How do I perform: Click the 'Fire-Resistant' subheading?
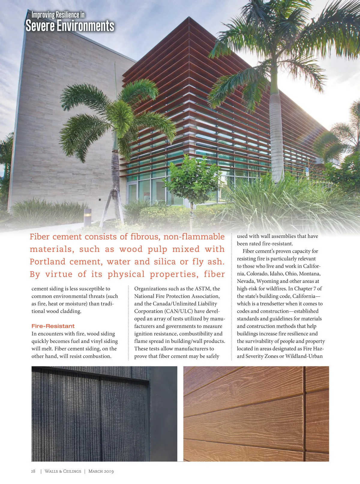click(53, 326)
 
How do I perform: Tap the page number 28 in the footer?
click(33, 471)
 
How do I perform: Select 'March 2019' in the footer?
click(101, 471)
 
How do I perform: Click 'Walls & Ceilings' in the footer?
click(63, 471)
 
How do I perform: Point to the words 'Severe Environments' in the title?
click(70, 26)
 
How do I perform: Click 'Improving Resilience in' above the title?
click(58, 14)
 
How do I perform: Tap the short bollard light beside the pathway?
click(87, 217)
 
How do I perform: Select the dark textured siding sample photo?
click(104, 413)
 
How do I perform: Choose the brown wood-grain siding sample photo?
click(256, 413)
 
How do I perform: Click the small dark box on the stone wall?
click(99, 199)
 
